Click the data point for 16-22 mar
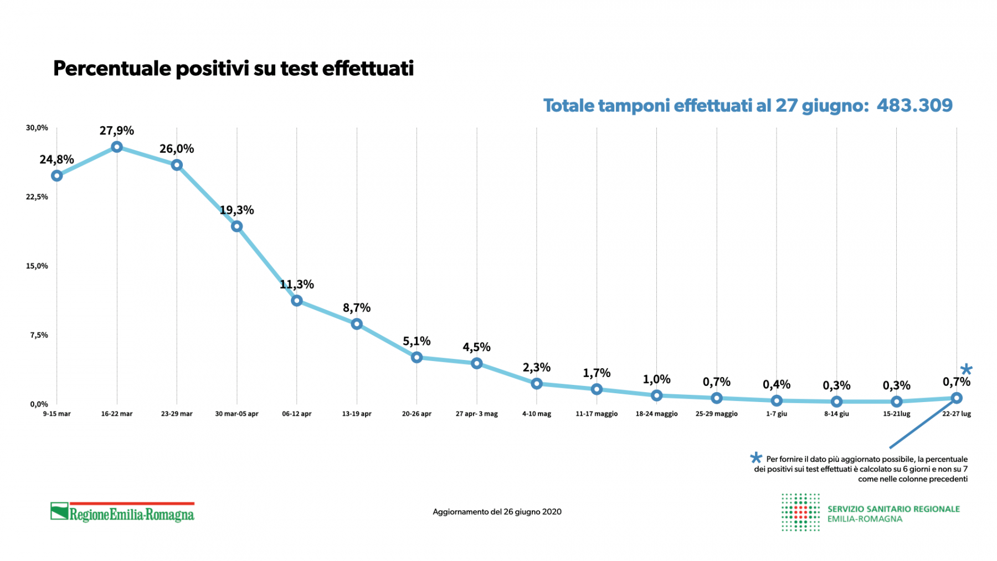pyautogui.click(x=117, y=147)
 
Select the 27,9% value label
pyautogui.click(x=117, y=131)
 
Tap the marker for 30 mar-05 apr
pyautogui.click(x=237, y=226)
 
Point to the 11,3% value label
pyautogui.click(x=297, y=285)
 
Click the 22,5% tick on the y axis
pyautogui.click(x=37, y=197)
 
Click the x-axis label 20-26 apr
pyautogui.click(x=417, y=414)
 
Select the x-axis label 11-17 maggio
pyautogui.click(x=597, y=414)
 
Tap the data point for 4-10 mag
pyautogui.click(x=536, y=383)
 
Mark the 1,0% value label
pyautogui.click(x=656, y=379)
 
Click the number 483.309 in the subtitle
pyautogui.click(x=914, y=105)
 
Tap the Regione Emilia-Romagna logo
pyautogui.click(x=122, y=512)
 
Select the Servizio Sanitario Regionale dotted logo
pyautogui.click(x=800, y=512)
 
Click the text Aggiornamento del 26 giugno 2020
pyautogui.click(x=497, y=512)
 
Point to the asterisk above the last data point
pyautogui.click(x=966, y=369)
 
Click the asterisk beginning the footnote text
pyautogui.click(x=756, y=458)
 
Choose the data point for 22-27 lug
pyautogui.click(x=957, y=398)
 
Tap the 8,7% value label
pyautogui.click(x=357, y=308)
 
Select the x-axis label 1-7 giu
pyautogui.click(x=777, y=414)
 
